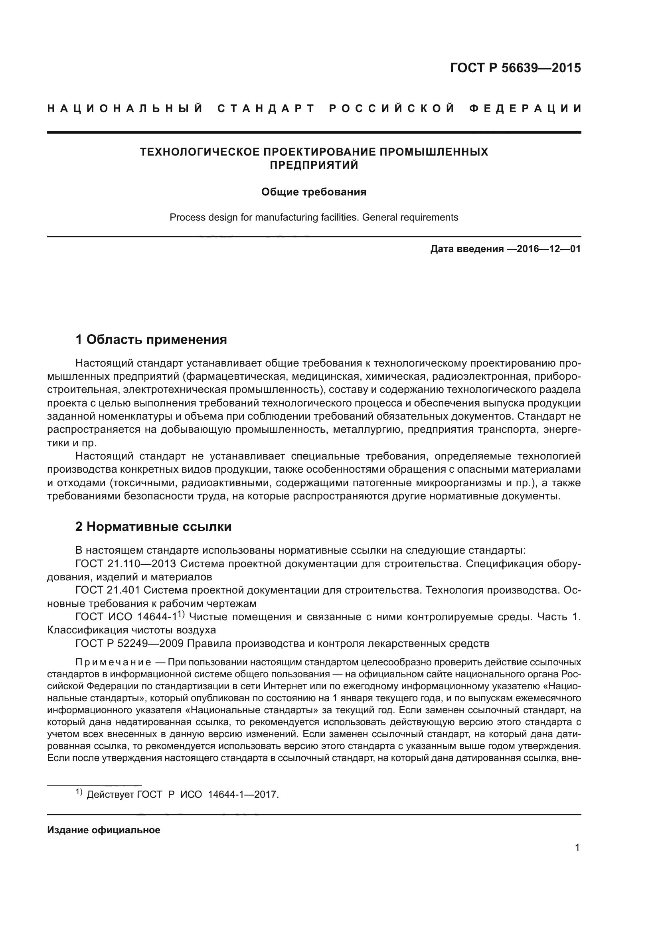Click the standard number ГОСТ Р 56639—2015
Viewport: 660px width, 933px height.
[515, 68]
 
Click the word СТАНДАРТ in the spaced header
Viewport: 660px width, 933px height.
[266, 108]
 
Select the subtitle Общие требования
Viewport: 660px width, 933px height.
[314, 192]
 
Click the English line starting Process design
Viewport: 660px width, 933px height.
[314, 217]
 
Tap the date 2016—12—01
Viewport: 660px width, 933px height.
[543, 249]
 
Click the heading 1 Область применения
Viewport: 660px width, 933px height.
[151, 339]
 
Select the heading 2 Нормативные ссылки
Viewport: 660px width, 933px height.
[154, 527]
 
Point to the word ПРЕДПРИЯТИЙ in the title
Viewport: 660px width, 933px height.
[314, 166]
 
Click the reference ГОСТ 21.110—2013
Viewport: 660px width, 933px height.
[126, 564]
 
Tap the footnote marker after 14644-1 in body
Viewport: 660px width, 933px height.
[181, 615]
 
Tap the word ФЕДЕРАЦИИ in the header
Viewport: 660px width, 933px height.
[525, 108]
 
